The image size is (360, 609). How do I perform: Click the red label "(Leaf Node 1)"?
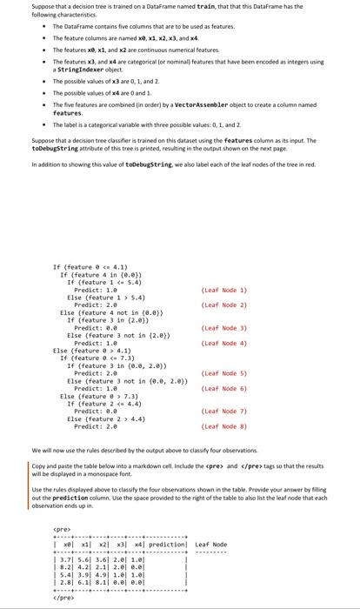pyautogui.click(x=224, y=290)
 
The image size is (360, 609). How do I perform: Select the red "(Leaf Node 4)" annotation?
pyautogui.click(x=224, y=344)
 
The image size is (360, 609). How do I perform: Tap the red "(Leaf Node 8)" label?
pyautogui.click(x=224, y=426)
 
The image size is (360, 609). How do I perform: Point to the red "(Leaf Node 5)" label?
pyautogui.click(x=224, y=372)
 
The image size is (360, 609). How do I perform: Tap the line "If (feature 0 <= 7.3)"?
pyautogui.click(x=99, y=358)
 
